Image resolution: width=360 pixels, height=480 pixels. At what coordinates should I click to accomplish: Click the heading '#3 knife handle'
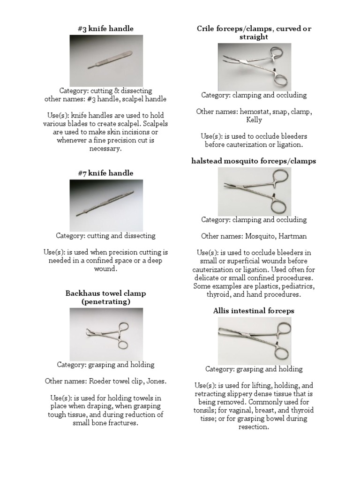tap(105, 29)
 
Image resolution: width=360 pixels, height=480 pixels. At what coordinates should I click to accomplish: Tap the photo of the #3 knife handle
tap(106, 60)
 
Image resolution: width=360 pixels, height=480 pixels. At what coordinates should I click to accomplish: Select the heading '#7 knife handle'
tap(105, 173)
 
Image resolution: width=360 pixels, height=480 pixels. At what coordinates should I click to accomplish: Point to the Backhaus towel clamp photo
tap(106, 334)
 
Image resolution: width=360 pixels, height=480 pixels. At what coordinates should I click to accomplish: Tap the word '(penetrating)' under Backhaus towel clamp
tap(106, 302)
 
